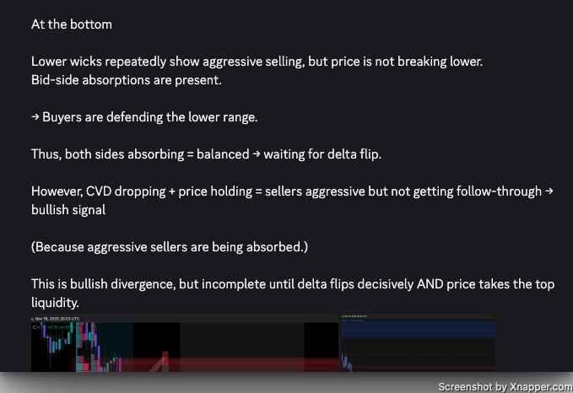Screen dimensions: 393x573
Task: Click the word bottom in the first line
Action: pyautogui.click(x=92, y=24)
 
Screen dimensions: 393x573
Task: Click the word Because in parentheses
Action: pyautogui.click(x=61, y=247)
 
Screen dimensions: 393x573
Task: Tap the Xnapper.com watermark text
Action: pyautogui.click(x=537, y=385)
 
